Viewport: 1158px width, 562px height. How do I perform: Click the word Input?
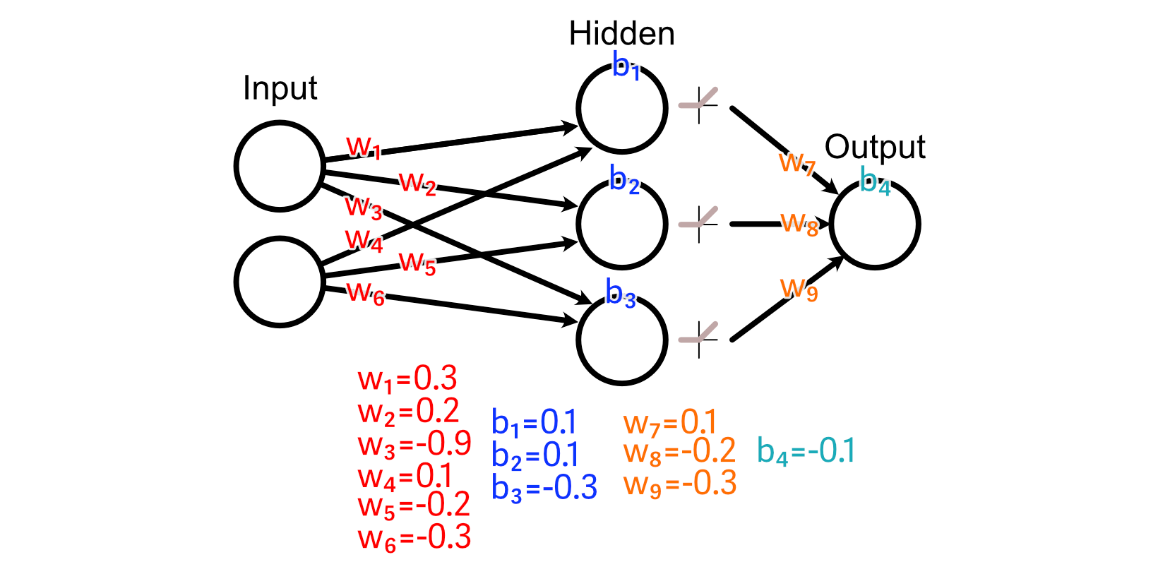point(280,89)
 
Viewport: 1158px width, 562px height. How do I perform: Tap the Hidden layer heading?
point(621,34)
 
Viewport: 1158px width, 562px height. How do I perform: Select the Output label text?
point(875,147)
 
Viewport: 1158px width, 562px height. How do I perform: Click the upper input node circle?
point(280,166)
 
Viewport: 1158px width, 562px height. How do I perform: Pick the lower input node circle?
point(280,282)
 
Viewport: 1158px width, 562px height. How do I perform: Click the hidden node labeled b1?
point(621,108)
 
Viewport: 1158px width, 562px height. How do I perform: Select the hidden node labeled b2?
point(621,224)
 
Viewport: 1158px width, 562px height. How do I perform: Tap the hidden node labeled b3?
point(621,340)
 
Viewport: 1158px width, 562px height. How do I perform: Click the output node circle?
point(875,224)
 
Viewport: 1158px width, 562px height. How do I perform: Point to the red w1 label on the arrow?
point(364,147)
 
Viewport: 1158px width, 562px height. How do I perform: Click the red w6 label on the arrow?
point(366,292)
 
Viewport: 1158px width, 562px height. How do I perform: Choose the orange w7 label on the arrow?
point(796,163)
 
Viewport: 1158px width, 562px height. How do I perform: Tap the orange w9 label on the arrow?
point(799,288)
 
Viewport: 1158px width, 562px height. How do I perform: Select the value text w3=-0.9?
point(414,444)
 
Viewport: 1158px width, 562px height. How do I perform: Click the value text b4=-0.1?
point(806,451)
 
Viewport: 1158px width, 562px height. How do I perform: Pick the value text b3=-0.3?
point(544,488)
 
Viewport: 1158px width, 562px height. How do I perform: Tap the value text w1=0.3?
point(407,379)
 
